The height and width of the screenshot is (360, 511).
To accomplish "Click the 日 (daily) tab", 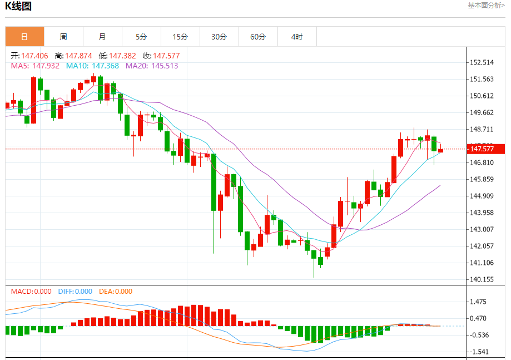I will click(x=24, y=37).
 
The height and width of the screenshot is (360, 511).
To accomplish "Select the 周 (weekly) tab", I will click(x=63, y=37).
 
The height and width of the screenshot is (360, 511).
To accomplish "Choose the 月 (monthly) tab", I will click(x=102, y=37).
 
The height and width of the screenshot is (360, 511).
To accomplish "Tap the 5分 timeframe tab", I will click(x=141, y=37).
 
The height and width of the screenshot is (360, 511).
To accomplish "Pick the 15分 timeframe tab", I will click(x=180, y=37).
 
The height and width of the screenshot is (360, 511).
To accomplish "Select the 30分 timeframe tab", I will click(x=219, y=37).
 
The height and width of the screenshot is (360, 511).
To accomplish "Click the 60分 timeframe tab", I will click(x=258, y=37).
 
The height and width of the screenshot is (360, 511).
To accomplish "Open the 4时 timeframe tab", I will click(x=297, y=37).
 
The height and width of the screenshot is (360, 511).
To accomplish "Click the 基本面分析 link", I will click(x=486, y=6).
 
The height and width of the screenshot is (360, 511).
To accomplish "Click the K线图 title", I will click(x=18, y=7).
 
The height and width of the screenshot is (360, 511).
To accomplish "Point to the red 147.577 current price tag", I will click(x=485, y=149).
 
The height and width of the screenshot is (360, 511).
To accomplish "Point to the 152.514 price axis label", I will click(x=482, y=62).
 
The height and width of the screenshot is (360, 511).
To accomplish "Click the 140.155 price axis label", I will click(x=482, y=279).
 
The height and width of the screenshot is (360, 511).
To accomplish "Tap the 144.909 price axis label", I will click(x=482, y=196).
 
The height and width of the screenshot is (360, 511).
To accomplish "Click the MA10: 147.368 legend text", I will click(x=92, y=66).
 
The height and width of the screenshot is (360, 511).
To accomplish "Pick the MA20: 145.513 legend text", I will click(x=152, y=66).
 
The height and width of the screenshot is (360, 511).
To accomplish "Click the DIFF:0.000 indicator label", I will click(x=75, y=291).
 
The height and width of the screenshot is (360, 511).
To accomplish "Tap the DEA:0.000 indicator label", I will click(x=116, y=291).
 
